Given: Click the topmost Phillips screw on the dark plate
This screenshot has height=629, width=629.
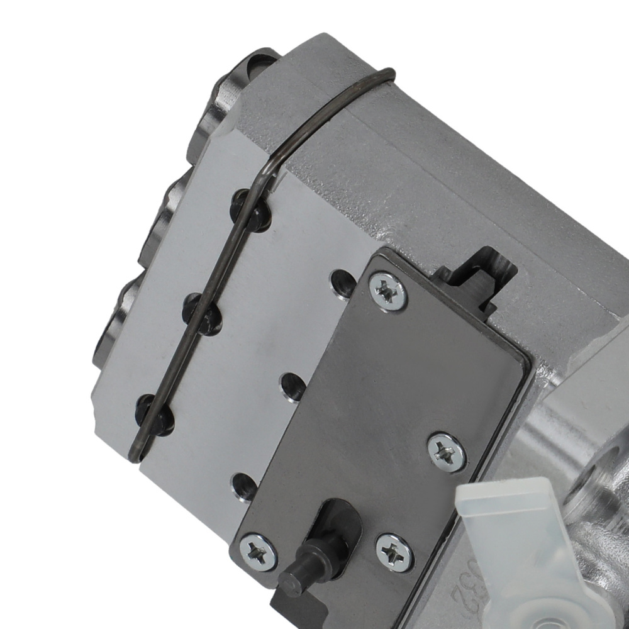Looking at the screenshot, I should (x=388, y=291).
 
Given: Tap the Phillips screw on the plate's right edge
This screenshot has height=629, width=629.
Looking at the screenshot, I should (x=447, y=452).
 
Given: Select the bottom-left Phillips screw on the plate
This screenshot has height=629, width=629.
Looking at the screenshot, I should (x=259, y=552).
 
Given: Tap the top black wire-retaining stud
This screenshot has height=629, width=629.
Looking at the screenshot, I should (x=252, y=209).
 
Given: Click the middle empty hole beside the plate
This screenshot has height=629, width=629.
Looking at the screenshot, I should (x=292, y=385).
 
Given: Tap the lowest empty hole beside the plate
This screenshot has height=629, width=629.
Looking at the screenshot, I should (x=243, y=485).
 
